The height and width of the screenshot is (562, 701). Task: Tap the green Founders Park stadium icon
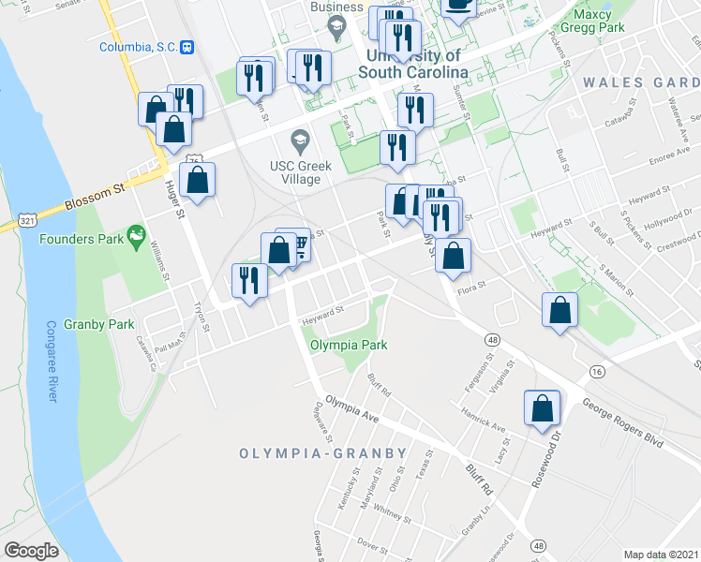(138, 232)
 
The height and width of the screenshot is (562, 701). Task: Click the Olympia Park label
(349, 345)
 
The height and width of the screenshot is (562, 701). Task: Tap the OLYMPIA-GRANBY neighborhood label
(323, 453)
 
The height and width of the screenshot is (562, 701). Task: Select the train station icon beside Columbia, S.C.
(186, 47)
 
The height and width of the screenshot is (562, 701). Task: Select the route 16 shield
(597, 372)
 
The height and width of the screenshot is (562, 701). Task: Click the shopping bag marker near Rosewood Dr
(543, 408)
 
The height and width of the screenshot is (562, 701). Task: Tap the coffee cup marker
(457, 6)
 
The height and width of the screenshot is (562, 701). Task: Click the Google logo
(31, 551)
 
